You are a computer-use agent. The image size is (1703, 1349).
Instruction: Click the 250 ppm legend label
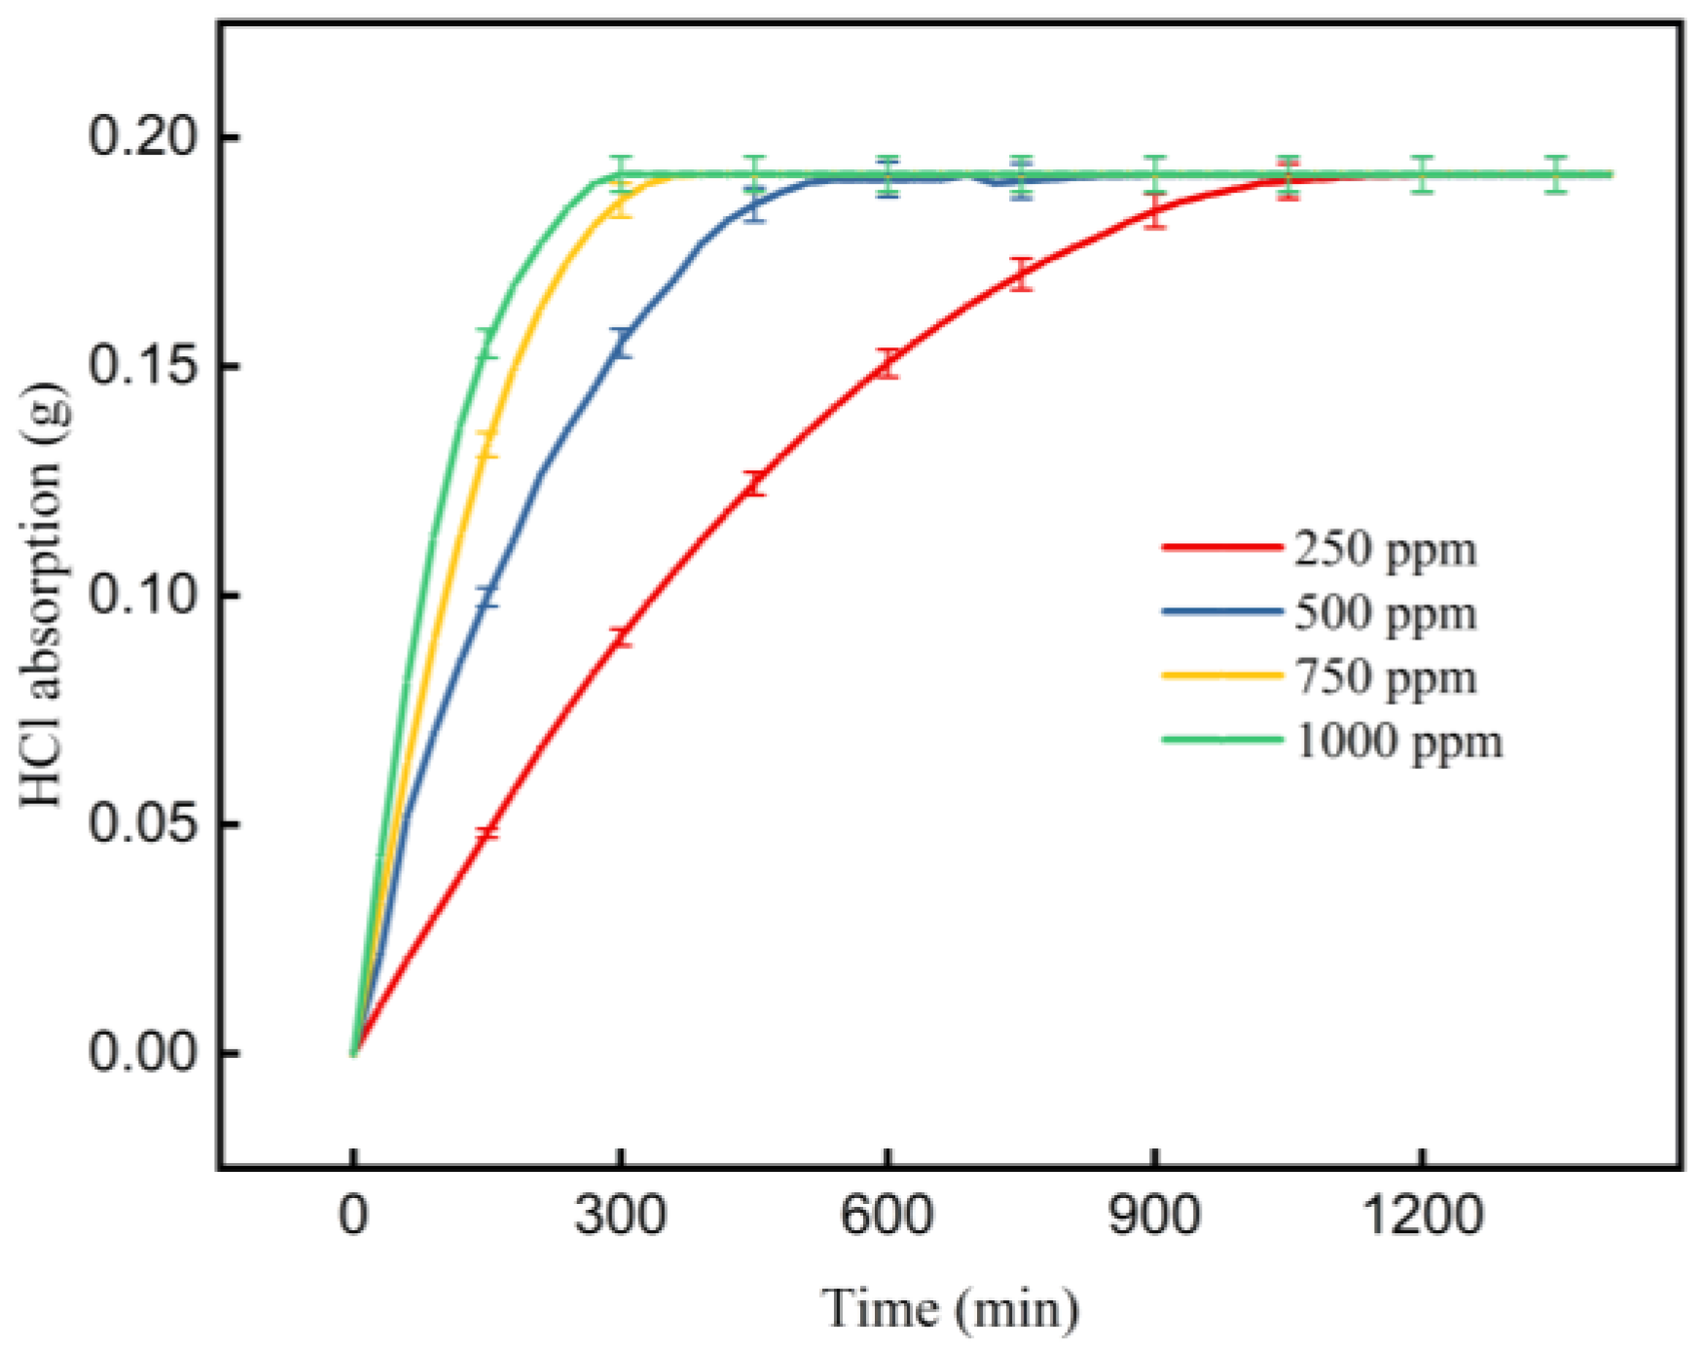click(x=1385, y=549)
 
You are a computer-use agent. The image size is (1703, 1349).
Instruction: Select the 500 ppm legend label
click(x=1385, y=613)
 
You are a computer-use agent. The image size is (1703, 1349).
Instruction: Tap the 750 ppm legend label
click(x=1385, y=676)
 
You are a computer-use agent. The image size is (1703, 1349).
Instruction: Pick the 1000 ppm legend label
click(x=1398, y=741)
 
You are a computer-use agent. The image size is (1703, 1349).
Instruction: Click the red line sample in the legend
click(x=1221, y=547)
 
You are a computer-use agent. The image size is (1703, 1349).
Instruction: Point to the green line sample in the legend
click(x=1221, y=739)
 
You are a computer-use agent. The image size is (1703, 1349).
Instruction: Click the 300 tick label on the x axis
click(x=620, y=1216)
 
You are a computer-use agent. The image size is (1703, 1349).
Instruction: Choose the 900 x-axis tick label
click(x=1154, y=1216)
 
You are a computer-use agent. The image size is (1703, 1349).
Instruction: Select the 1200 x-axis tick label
click(x=1422, y=1216)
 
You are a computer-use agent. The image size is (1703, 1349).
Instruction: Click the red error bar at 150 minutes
click(x=488, y=832)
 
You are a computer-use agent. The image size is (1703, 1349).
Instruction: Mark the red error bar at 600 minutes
click(x=887, y=363)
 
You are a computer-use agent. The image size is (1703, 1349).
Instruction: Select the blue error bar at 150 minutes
click(x=488, y=597)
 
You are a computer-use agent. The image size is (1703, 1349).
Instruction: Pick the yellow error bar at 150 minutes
click(x=488, y=444)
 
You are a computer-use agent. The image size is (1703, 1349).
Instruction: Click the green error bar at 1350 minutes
click(x=1555, y=174)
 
